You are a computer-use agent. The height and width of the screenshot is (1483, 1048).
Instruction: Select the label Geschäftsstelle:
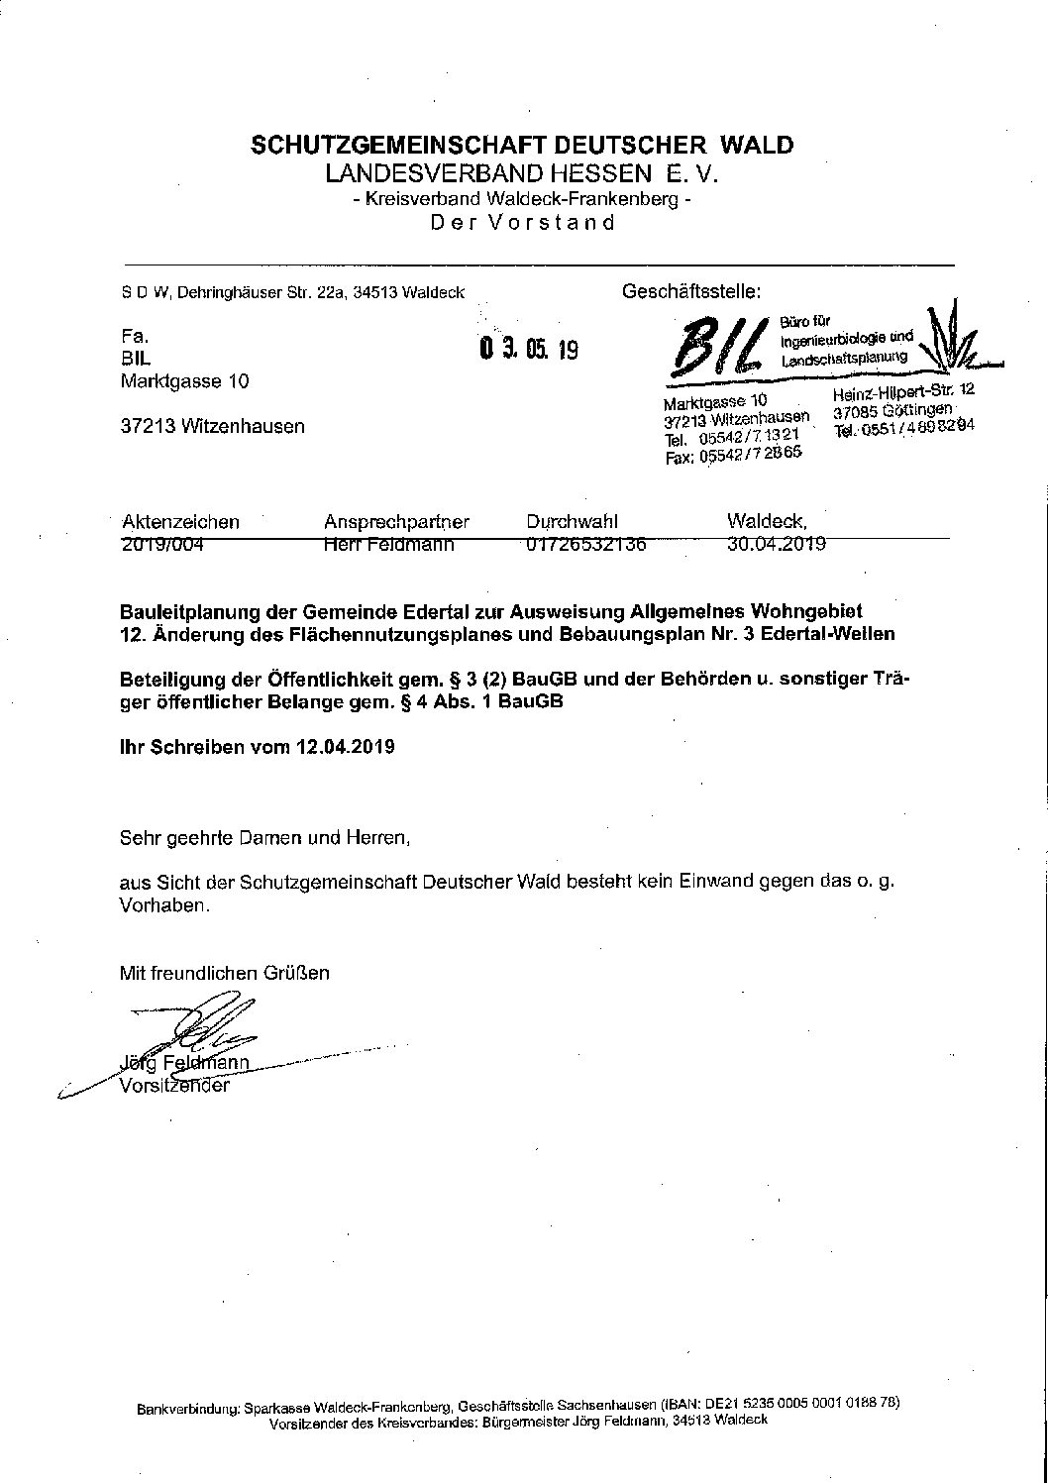coord(690,292)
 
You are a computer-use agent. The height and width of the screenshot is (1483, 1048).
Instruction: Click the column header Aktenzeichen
coord(180,521)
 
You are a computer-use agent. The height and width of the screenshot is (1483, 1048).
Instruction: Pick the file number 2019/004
coord(162,543)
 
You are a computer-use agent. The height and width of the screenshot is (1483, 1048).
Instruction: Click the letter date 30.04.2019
coord(777,543)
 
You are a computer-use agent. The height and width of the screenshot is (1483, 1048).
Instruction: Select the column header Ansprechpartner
coord(396,521)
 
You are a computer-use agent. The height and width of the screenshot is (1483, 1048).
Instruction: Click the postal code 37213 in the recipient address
coord(149,427)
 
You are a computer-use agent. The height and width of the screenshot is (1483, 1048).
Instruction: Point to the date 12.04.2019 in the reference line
coord(345,747)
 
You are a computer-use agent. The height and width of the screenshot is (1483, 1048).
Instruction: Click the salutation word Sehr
coord(138,838)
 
